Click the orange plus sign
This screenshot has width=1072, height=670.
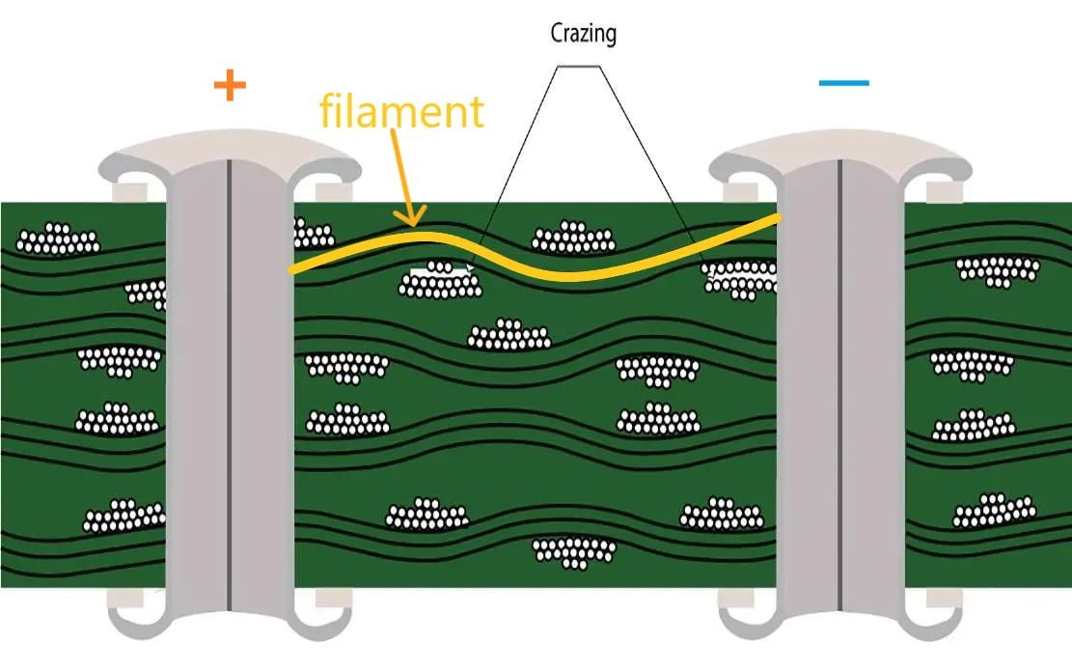click(230, 86)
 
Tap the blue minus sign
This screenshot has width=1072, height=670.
click(843, 83)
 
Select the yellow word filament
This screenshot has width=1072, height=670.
click(400, 111)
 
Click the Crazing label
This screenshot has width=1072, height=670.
click(583, 34)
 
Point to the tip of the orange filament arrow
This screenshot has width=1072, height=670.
click(415, 225)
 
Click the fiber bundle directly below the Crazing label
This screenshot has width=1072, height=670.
click(574, 237)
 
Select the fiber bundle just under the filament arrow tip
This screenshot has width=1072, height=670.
click(440, 281)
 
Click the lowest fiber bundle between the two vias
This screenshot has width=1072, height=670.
click(574, 551)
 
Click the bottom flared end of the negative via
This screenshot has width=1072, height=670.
click(840, 618)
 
